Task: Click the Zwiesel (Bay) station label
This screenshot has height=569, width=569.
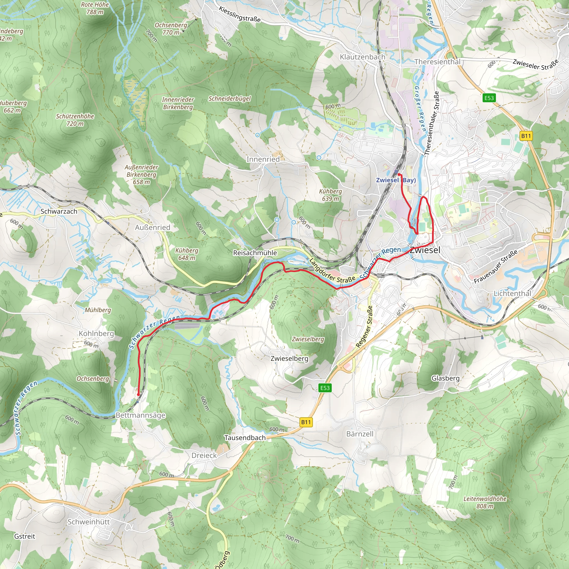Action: pos(396,180)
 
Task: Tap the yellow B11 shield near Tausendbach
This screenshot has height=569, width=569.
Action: pos(306,422)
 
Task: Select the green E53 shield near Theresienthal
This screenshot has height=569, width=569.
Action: pos(489,98)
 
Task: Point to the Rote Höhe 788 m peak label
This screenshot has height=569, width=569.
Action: pos(95,8)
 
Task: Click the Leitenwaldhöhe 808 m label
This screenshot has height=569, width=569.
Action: pos(485,502)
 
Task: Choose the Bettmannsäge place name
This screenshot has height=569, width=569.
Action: pos(140,415)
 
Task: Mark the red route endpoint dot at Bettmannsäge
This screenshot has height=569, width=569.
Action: pos(138,395)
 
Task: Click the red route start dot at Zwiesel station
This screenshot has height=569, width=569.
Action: pos(398,175)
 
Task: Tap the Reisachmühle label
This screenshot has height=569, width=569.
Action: pos(255,253)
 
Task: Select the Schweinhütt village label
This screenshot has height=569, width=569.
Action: pos(88,522)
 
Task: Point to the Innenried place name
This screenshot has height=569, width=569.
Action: pos(263,159)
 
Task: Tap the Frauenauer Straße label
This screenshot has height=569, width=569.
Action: pos(495,267)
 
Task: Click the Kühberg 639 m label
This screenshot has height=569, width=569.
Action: pos(330,195)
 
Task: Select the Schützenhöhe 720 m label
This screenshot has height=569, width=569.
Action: pos(75,120)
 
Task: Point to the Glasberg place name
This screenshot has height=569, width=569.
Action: pos(445,378)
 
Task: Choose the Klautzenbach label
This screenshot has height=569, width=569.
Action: pos(362,57)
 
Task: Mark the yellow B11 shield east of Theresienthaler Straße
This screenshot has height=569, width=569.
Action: pos(526,136)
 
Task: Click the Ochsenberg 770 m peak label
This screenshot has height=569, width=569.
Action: pos(171,29)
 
